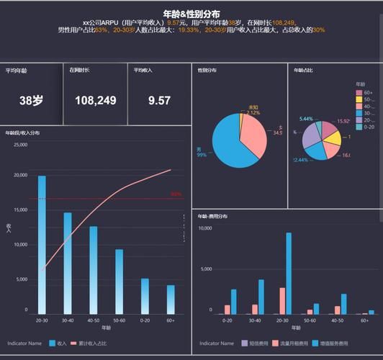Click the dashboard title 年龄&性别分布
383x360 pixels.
[x=191, y=14]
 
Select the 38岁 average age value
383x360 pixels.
[x=31, y=101]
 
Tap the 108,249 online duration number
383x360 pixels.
[x=95, y=101]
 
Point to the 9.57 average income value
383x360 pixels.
[x=159, y=101]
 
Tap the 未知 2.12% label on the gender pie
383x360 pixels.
[x=252, y=110]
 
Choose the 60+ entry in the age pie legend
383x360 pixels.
[x=364, y=92]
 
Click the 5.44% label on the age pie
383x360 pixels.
[x=306, y=119]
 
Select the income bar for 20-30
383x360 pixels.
[x=42, y=245]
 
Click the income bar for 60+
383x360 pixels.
[x=171, y=300]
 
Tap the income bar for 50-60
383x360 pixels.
[x=119, y=282]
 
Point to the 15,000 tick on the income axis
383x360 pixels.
[x=19, y=210]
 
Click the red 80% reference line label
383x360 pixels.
[x=176, y=194]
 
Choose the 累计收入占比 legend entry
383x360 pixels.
[x=89, y=343]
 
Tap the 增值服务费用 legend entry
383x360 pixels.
[x=337, y=343]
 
